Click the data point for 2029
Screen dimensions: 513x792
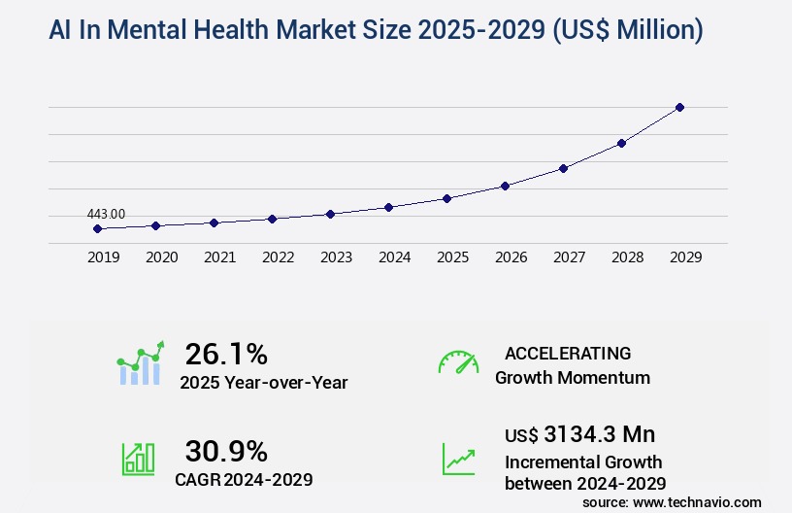coord(679,107)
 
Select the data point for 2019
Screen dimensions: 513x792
coord(97,228)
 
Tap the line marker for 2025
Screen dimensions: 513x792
coord(446,198)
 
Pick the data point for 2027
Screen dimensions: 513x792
coord(563,168)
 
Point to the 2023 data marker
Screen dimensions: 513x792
coord(330,214)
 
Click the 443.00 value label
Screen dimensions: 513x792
coord(106,214)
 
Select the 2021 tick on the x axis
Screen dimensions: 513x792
coord(219,257)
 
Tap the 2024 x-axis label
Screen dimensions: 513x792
coord(394,257)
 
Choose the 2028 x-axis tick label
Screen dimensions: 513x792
coord(627,257)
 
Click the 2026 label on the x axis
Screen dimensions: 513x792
coord(511,257)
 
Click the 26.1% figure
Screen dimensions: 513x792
coord(226,354)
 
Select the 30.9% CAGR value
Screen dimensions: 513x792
coord(226,451)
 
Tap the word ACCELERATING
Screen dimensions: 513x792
coord(568,354)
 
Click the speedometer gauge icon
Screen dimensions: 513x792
coord(458,362)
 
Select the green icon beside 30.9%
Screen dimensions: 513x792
coord(138,459)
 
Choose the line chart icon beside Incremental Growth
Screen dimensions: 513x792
coord(458,459)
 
